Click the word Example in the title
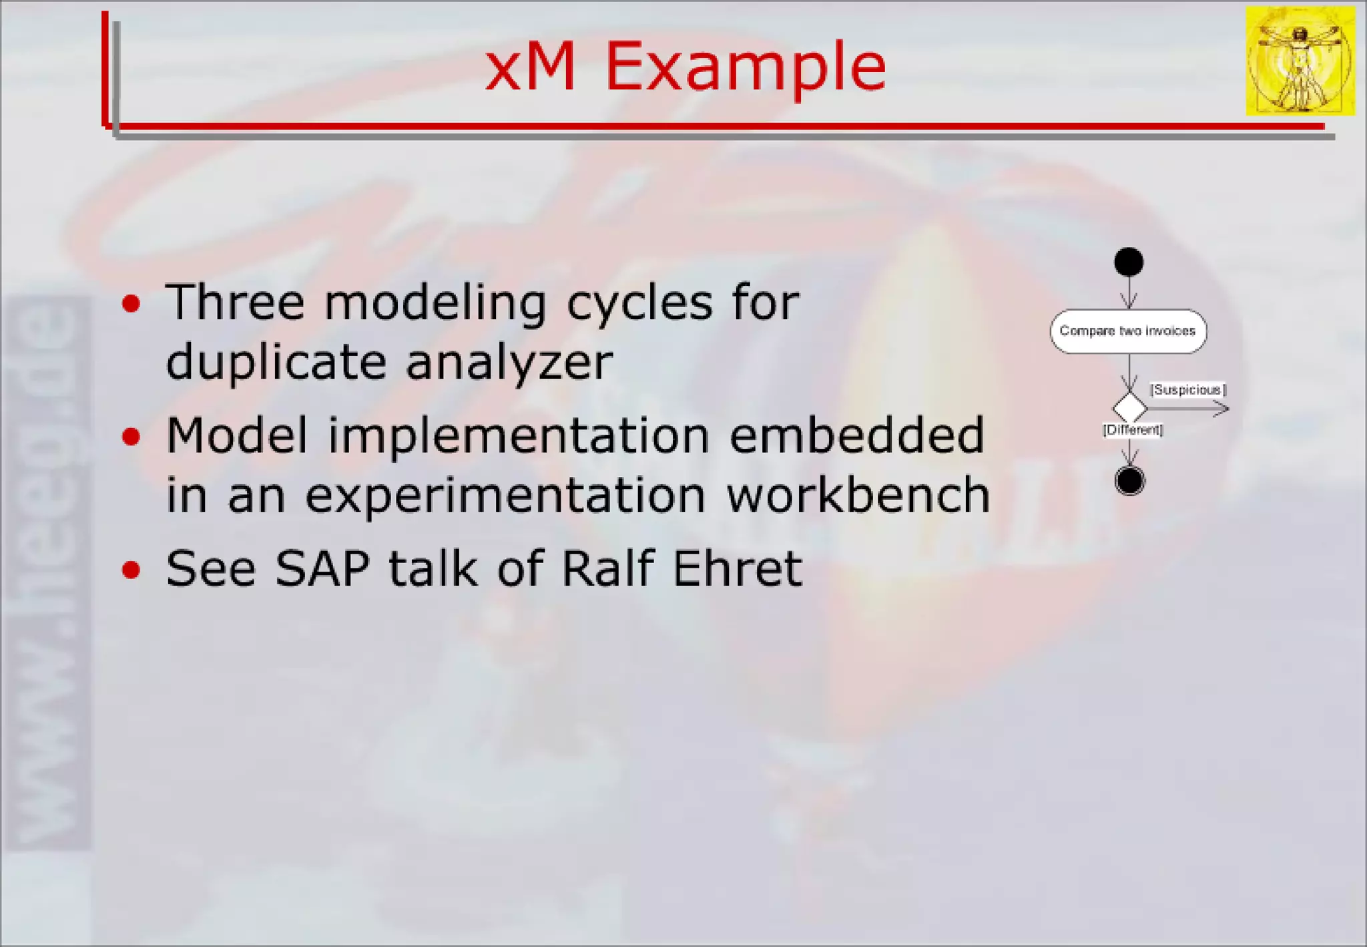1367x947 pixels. click(746, 68)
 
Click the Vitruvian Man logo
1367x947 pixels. click(1300, 61)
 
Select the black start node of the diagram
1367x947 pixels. click(1129, 262)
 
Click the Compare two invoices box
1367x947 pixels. click(1128, 331)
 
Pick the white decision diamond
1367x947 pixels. click(1129, 407)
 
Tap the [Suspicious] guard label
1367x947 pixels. click(1187, 389)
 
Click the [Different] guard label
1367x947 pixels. click(1133, 429)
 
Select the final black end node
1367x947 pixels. click(1129, 481)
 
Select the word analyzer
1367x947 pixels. click(509, 363)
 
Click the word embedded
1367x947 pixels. click(857, 435)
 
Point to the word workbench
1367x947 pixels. click(858, 496)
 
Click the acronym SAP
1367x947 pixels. click(322, 569)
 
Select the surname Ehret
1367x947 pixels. click(737, 569)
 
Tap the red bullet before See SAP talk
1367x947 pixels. click(131, 570)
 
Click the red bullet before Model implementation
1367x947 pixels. click(131, 437)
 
